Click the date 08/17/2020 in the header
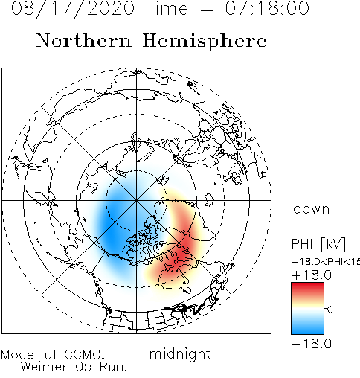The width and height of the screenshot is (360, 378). pyautogui.click(x=73, y=9)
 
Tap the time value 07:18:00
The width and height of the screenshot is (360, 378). pyautogui.click(x=267, y=8)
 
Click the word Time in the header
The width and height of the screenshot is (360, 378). pyautogui.click(x=167, y=8)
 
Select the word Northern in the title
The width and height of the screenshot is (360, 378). pyautogui.click(x=84, y=40)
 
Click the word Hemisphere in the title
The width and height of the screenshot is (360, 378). pyautogui.click(x=205, y=42)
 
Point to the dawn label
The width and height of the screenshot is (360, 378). pyautogui.click(x=311, y=209)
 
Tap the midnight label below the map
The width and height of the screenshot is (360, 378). pyautogui.click(x=180, y=354)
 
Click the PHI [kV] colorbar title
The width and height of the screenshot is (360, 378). pyautogui.click(x=318, y=244)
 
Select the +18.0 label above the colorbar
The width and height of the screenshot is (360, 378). pyautogui.click(x=312, y=275)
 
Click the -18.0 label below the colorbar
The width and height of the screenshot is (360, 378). pyautogui.click(x=312, y=344)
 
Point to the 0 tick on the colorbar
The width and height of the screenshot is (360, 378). pyautogui.click(x=330, y=310)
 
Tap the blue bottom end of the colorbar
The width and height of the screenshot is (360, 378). pyautogui.click(x=307, y=330)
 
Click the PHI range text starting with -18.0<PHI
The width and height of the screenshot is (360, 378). pyautogui.click(x=326, y=261)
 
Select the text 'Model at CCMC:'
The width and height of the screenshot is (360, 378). pyautogui.click(x=53, y=355)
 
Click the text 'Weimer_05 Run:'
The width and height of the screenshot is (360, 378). pyautogui.click(x=74, y=367)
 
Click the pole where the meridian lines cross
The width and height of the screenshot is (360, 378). pyautogui.click(x=136, y=200)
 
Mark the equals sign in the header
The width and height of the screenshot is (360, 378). pyautogui.click(x=206, y=10)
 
